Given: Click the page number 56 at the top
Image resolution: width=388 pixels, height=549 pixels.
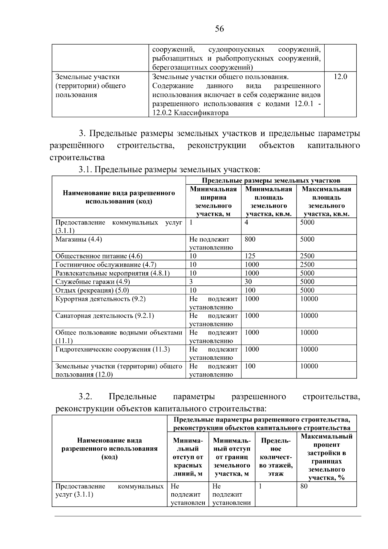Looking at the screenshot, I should [219, 29].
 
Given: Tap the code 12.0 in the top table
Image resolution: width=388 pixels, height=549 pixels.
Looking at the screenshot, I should [340, 77].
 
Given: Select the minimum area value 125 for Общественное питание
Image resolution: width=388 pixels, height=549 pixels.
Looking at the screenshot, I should [250, 256].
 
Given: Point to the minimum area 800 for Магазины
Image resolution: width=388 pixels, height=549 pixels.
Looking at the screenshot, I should [250, 239].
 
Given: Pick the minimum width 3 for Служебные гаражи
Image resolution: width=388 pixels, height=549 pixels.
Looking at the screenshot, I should [191, 281].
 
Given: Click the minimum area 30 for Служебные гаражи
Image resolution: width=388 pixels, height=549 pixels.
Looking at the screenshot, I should [248, 281].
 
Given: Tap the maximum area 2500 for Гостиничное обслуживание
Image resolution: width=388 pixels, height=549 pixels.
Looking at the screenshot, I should [307, 264].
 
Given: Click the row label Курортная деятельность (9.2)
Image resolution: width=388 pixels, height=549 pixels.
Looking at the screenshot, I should [100, 299].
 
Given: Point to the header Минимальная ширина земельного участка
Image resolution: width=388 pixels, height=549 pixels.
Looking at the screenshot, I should [213, 202].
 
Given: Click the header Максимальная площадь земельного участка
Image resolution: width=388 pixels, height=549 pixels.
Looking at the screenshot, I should [326, 202].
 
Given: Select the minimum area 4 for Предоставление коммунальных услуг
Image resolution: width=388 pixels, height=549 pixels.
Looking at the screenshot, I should [246, 223].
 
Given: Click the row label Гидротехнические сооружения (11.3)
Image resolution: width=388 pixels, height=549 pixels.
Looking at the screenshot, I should [113, 349].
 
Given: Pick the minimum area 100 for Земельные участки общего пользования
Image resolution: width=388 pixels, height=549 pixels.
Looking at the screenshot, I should [250, 366].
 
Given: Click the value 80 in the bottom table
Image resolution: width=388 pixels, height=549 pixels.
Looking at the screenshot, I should [304, 486].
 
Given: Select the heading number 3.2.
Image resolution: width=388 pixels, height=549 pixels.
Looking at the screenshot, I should [85, 397].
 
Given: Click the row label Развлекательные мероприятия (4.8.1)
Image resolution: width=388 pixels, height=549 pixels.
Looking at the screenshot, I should [113, 273].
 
